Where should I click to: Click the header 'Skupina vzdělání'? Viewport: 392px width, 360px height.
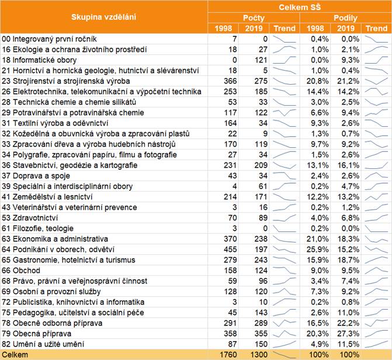[x=104, y=16]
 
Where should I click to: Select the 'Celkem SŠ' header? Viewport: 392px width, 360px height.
[x=300, y=6]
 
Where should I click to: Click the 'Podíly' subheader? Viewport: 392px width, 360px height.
[x=346, y=18]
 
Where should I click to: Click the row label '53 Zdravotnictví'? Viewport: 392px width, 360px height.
[x=34, y=217]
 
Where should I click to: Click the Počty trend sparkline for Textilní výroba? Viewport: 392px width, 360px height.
[x=286, y=123]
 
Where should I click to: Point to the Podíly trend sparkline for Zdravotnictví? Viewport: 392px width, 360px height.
[x=377, y=217]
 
